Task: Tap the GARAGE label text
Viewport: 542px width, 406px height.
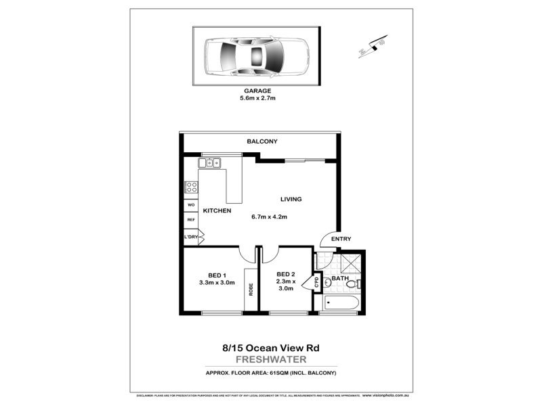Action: point(257,90)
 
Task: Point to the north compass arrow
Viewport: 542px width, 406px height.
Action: point(372,47)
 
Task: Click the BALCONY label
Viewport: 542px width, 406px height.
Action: point(262,141)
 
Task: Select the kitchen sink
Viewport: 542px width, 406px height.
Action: point(211,162)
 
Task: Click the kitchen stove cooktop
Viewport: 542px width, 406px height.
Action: point(190,189)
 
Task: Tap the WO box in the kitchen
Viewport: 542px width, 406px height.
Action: point(190,205)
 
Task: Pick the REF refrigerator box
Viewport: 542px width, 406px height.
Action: point(190,220)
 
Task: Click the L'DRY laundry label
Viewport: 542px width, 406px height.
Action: point(190,237)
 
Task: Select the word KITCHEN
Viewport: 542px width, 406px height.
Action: point(217,211)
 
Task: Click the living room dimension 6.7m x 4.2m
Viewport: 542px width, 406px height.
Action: point(269,217)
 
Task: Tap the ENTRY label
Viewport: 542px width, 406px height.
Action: point(340,240)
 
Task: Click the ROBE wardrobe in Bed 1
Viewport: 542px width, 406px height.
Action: point(251,289)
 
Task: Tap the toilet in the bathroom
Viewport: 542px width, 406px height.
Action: point(355,284)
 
